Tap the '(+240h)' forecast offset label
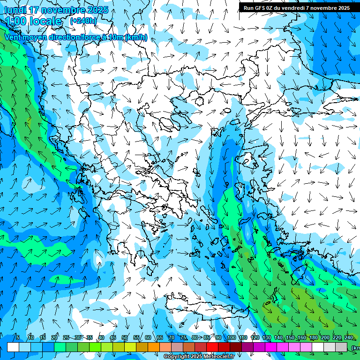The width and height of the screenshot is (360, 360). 83,21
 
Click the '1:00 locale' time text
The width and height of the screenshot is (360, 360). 33,21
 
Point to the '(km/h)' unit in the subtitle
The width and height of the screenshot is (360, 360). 136,37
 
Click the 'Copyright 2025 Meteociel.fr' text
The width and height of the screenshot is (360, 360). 198,357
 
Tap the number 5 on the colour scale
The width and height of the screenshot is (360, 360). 18,337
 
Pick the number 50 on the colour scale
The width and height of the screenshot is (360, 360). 125,337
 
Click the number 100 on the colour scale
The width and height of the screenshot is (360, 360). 232,337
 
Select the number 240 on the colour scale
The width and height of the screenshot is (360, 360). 349,337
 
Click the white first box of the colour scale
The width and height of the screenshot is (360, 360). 13,347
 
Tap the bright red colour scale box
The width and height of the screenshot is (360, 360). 212,347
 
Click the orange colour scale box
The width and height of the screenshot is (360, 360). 154,347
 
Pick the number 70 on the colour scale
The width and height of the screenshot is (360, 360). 172,337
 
